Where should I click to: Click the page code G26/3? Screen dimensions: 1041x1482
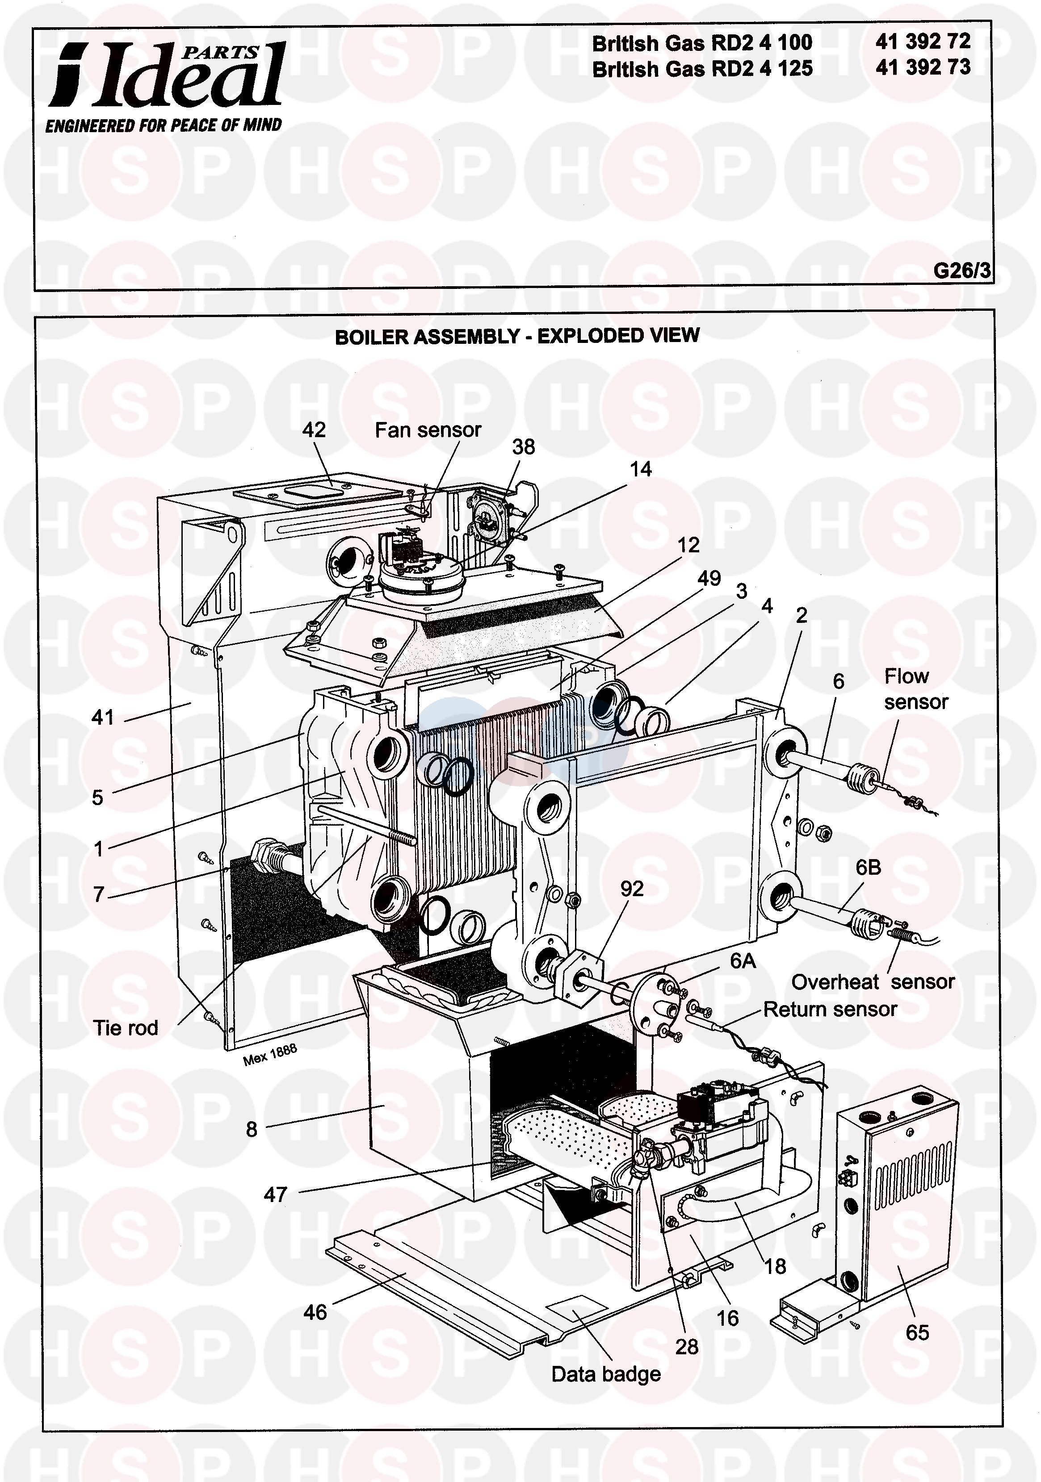pyautogui.click(x=961, y=270)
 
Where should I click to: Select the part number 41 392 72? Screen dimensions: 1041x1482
pyautogui.click(x=923, y=42)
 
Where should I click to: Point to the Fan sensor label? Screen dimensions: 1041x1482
pyautogui.click(x=428, y=430)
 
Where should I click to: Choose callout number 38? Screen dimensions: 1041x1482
pyautogui.click(x=523, y=447)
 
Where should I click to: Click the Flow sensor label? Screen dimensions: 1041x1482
pyautogui.click(x=916, y=689)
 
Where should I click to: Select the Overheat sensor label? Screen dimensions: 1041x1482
pyautogui.click(x=873, y=982)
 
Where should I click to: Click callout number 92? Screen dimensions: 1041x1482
pyautogui.click(x=632, y=889)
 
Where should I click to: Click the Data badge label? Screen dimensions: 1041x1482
pyautogui.click(x=606, y=1374)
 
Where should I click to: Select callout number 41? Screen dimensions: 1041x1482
pyautogui.click(x=103, y=717)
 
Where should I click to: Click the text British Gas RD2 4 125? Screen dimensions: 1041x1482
pyautogui.click(x=703, y=68)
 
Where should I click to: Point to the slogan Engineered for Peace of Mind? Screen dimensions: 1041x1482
pyautogui.click(x=164, y=125)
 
